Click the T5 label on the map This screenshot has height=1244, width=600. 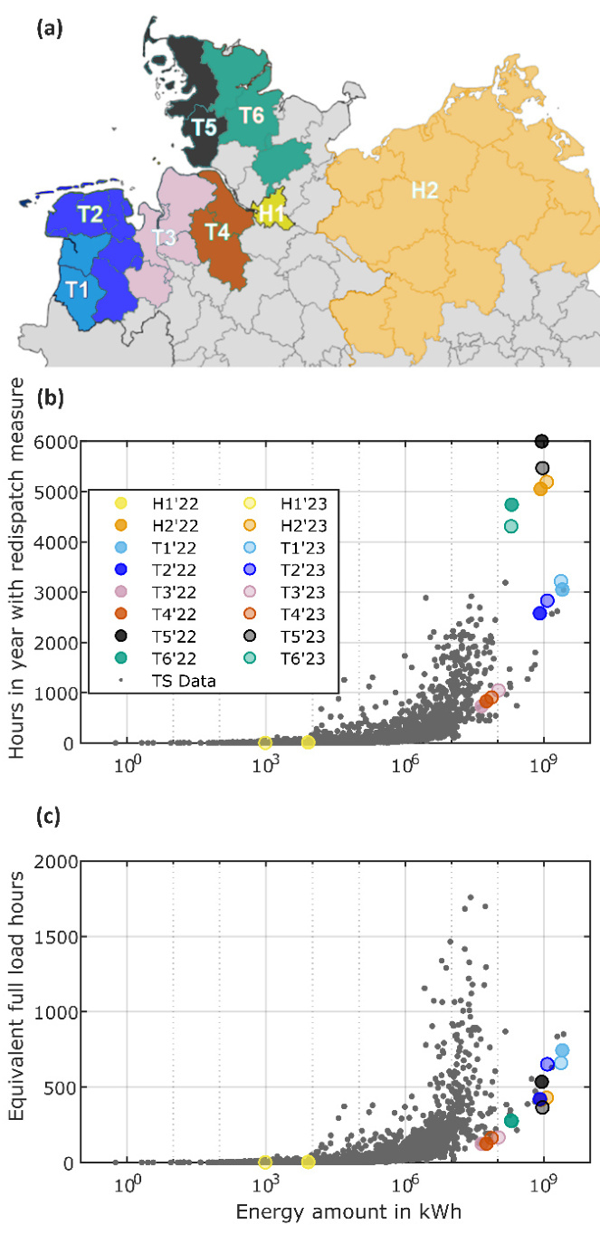[x=204, y=127]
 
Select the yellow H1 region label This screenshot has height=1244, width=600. [x=271, y=213]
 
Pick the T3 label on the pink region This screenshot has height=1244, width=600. [x=164, y=236]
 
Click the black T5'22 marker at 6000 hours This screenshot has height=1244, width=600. [x=542, y=441]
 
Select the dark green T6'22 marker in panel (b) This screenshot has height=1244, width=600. [x=511, y=504]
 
